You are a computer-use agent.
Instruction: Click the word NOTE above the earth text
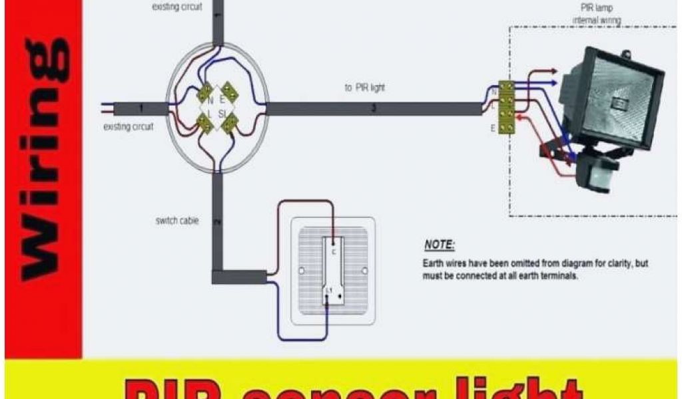pos(439,244)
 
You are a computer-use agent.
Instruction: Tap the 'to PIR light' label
pos(364,87)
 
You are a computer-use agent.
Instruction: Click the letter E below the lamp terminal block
pos(493,128)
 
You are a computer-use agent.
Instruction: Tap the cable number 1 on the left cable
pos(141,108)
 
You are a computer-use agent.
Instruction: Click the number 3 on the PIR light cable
pos(373,108)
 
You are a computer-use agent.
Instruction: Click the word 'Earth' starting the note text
pos(434,263)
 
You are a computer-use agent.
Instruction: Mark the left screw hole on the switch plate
pos(302,271)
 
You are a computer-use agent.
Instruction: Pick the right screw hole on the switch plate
pos(364,271)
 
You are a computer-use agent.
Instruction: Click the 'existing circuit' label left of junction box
pos(129,126)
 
